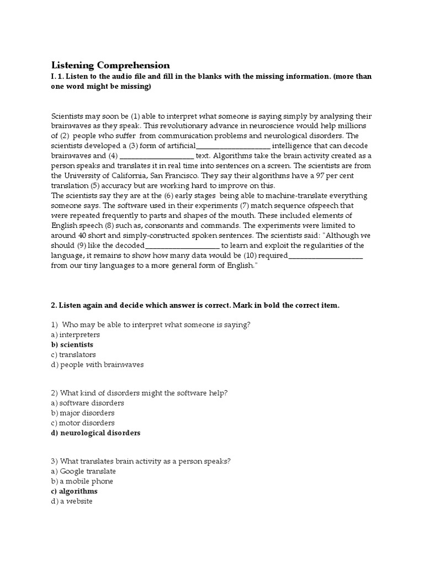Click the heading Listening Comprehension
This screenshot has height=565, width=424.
(110, 65)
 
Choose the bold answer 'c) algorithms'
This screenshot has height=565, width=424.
(74, 491)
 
